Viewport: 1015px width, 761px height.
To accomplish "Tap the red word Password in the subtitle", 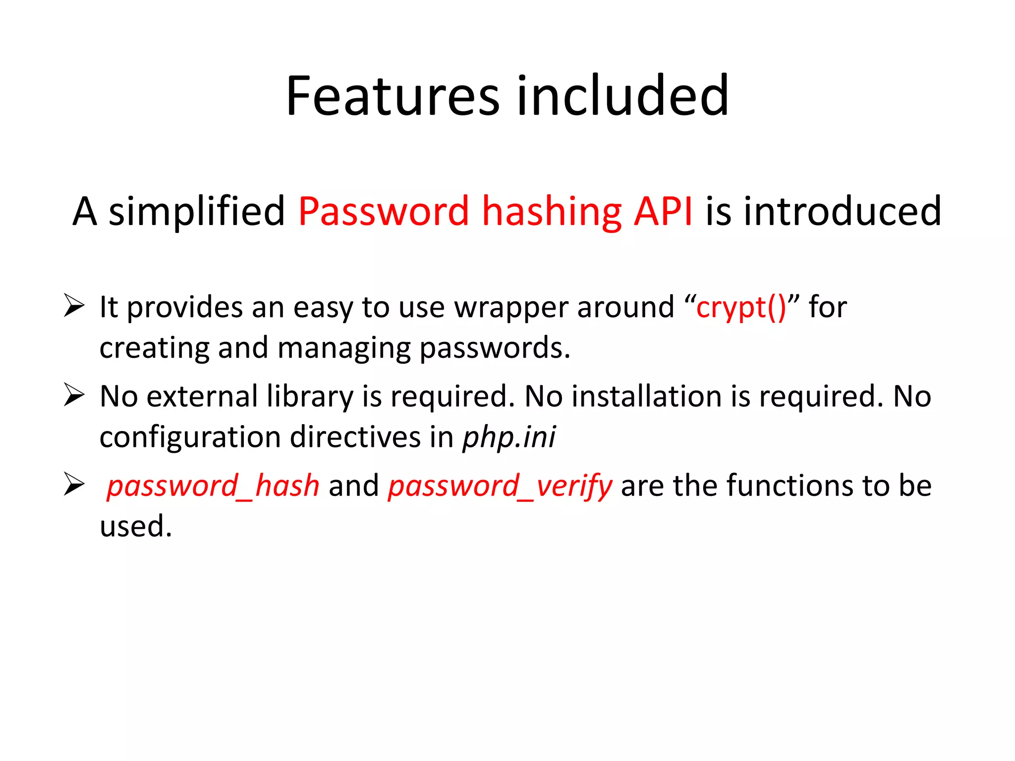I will pos(384,212).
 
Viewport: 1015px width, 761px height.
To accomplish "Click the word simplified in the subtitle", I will pos(197,212).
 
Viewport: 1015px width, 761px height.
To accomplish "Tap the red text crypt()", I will pos(740,308).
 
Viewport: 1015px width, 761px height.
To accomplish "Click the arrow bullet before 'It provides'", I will pos(74,305).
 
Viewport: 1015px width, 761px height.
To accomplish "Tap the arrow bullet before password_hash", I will pos(74,484).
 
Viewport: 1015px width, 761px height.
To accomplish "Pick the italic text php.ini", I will pos(509,437).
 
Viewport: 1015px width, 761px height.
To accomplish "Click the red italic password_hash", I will pos(213,486).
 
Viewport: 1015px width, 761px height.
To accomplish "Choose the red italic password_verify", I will pos(500,486).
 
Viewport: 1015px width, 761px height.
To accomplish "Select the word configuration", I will pos(190,437).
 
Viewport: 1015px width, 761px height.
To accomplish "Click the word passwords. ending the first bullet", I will pos(495,348).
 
